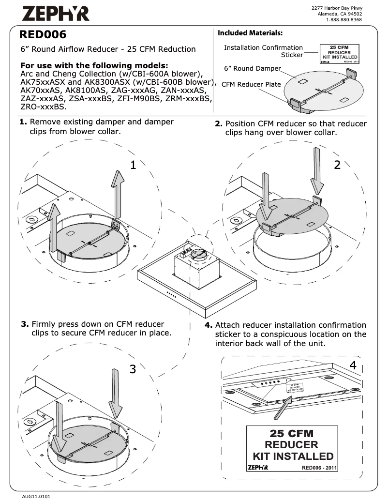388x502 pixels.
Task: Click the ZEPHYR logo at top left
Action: (55, 14)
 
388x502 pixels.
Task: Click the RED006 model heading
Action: (43, 35)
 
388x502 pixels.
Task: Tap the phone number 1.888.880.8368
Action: (344, 20)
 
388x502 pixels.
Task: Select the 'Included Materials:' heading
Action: (250, 33)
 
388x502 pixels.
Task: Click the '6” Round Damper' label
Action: (252, 68)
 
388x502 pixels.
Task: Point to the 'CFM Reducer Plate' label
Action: (251, 84)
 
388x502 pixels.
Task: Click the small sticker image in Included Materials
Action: (339, 54)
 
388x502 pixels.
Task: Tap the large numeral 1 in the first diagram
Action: (134, 165)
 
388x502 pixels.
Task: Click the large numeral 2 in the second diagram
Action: (337, 165)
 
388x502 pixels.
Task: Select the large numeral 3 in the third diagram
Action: (133, 369)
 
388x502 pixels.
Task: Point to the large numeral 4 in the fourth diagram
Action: (353, 365)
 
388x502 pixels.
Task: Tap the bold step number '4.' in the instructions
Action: (209, 325)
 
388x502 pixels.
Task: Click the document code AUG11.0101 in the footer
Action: (36, 496)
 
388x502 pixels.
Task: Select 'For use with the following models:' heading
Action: (94, 65)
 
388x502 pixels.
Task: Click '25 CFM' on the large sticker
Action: (291, 433)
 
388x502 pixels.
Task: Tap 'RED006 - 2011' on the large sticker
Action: (319, 468)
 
